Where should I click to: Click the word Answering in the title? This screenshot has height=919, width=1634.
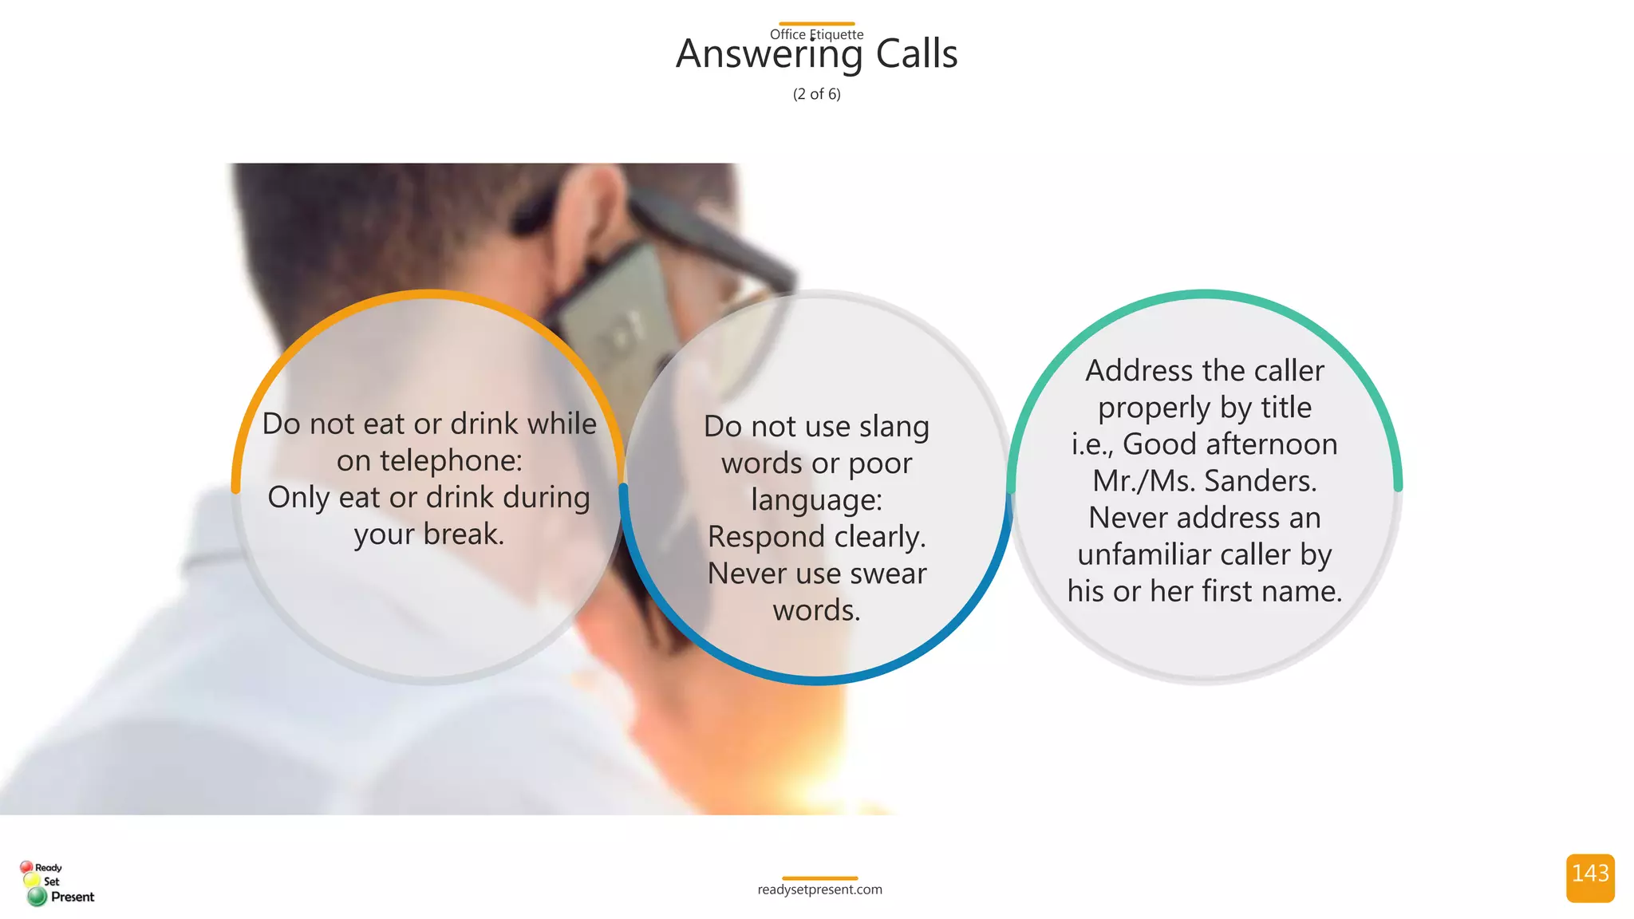coord(769,54)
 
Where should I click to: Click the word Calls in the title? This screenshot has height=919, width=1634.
coord(916,54)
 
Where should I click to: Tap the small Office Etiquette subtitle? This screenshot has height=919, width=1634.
coord(816,34)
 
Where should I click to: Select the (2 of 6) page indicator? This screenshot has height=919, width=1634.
coord(816,94)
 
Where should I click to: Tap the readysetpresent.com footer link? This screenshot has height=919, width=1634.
coord(819,889)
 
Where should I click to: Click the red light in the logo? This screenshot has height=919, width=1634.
coord(26,867)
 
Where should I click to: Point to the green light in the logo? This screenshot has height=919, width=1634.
coord(37,897)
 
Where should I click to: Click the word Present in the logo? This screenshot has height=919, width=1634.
coord(73,897)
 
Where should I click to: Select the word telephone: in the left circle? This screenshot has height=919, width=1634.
coord(451,461)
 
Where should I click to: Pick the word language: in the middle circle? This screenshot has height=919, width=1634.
coord(816,500)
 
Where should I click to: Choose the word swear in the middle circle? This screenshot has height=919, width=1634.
coord(888,574)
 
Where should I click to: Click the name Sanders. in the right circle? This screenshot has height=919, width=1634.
coord(1261,481)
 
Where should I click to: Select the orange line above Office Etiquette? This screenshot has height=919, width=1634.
coord(816,24)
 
